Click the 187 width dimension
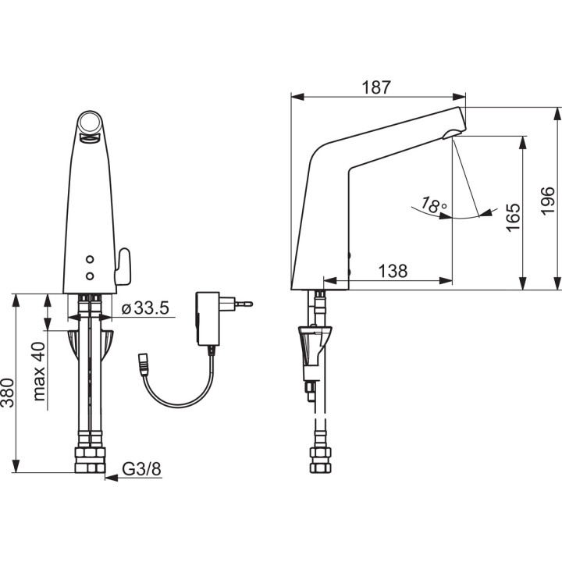375,87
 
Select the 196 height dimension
547,201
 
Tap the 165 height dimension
513,218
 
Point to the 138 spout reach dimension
393,272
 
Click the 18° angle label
434,205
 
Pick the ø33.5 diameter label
145,308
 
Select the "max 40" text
40,372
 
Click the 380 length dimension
7,393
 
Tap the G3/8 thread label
141,469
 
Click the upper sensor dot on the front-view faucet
90,259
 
